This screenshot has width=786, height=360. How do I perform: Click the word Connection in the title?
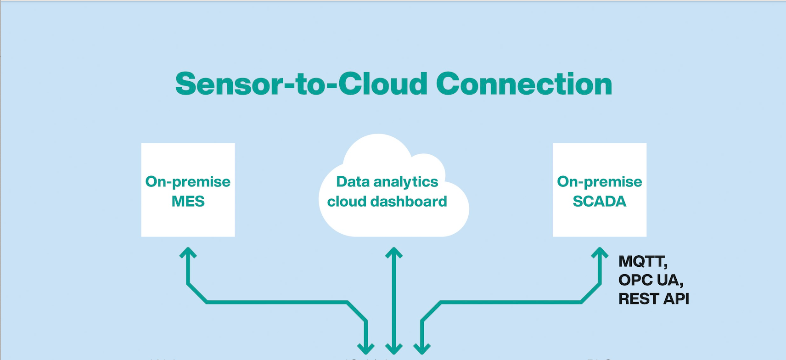click(524, 84)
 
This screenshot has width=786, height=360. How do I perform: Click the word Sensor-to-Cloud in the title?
click(302, 84)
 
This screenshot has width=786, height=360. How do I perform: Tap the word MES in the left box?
click(188, 202)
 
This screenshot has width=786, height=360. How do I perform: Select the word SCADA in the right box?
click(599, 202)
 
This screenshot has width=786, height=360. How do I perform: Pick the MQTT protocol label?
click(643, 262)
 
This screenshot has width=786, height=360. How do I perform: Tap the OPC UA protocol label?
click(651, 280)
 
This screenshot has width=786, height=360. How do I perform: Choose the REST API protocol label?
click(654, 299)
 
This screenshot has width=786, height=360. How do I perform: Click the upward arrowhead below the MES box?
click(188, 253)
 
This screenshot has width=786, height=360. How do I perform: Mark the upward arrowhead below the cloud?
click(394, 253)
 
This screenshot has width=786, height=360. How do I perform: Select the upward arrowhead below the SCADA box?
click(600, 253)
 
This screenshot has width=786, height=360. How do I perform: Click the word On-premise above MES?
click(188, 182)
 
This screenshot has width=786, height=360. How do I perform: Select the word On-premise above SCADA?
click(599, 182)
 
